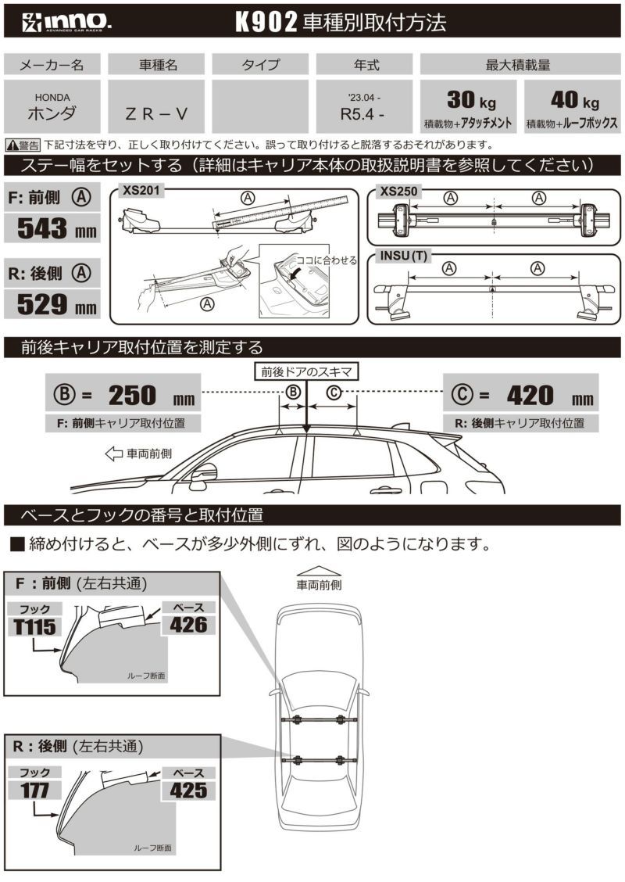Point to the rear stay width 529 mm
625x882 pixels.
(x=52, y=303)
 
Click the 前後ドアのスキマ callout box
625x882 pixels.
(x=306, y=372)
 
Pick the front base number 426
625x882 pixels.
(x=188, y=624)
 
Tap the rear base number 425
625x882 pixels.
(x=188, y=790)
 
